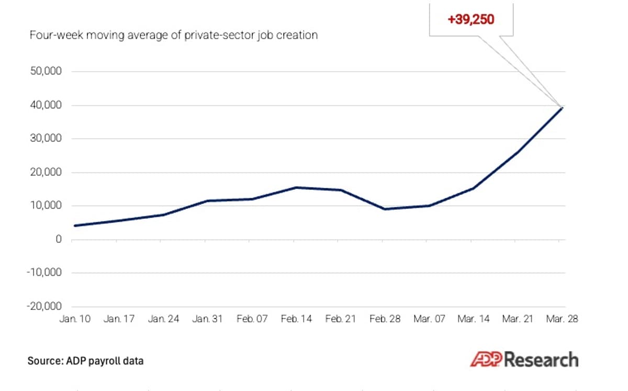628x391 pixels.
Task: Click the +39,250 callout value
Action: [x=471, y=20]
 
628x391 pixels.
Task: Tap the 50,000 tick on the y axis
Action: [x=46, y=72]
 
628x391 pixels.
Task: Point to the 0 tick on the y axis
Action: [x=59, y=239]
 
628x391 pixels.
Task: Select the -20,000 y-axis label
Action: [x=44, y=306]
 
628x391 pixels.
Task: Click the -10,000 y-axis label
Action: [x=44, y=273]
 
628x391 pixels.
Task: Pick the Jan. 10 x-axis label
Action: [x=74, y=319]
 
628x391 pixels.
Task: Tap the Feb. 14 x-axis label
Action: [x=296, y=319]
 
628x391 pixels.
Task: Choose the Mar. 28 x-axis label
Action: [x=562, y=319]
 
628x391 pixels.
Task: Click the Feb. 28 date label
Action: [x=385, y=319]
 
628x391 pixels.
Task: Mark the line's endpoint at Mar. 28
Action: [x=562, y=108]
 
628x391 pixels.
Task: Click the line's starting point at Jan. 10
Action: [x=74, y=226]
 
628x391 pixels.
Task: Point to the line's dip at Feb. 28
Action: [x=385, y=209]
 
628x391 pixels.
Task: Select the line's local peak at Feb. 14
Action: [x=296, y=187]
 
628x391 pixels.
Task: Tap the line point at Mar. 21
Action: [x=518, y=152]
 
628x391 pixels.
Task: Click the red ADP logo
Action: [x=486, y=360]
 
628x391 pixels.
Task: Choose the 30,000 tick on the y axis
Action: [x=46, y=139]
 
